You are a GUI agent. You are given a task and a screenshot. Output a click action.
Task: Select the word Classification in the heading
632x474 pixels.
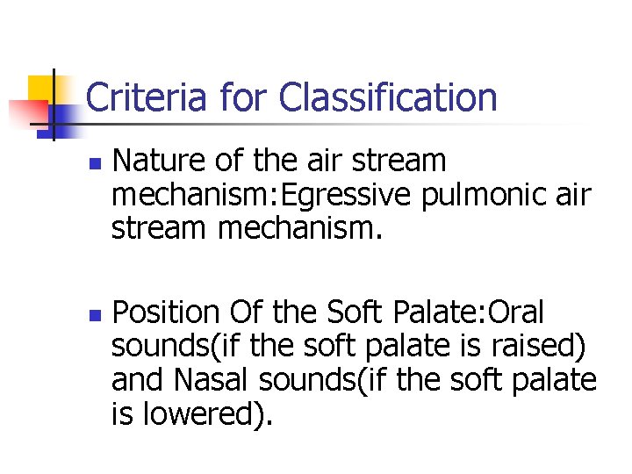pos(388,97)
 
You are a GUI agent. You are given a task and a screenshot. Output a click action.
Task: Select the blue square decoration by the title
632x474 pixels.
pos(63,112)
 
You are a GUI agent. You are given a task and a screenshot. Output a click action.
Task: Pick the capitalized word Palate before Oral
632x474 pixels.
pos(441,312)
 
